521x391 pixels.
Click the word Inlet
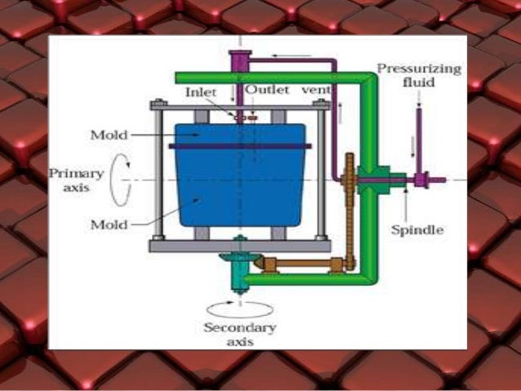[200, 92]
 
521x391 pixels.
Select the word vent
[311, 90]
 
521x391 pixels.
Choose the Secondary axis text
[242, 335]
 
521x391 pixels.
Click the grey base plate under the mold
[239, 245]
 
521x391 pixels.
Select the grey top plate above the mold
[239, 105]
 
